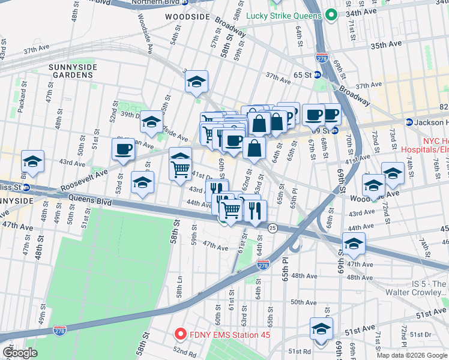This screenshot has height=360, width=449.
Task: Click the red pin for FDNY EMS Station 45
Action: (179, 334)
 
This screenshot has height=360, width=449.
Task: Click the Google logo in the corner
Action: (20, 353)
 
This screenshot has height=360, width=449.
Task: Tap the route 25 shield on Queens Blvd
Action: (273, 228)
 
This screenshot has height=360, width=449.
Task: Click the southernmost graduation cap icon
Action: (321, 329)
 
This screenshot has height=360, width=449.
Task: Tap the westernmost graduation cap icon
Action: (32, 161)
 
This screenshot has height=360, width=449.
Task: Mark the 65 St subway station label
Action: (298, 75)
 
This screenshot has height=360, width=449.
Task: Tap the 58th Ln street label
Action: (179, 291)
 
